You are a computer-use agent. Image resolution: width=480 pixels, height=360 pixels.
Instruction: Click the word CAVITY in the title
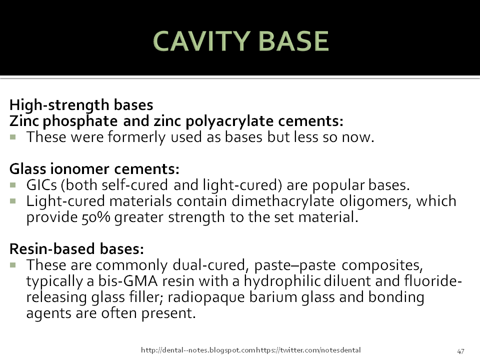(x=196, y=41)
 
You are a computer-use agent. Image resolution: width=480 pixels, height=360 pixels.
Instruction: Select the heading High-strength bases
(x=81, y=105)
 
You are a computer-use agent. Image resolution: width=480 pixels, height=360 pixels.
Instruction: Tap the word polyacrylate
(x=200, y=121)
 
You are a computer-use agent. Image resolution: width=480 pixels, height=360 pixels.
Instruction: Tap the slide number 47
(x=461, y=350)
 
